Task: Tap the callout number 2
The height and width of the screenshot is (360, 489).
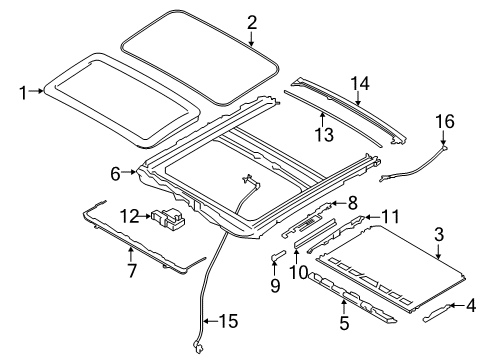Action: (252, 22)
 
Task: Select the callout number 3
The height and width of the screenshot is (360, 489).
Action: (440, 235)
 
